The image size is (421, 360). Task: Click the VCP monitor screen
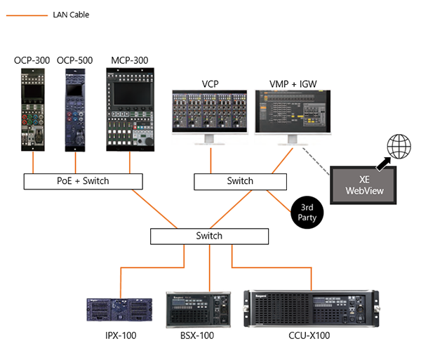pos(210,112)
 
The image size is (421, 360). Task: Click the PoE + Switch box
pos(83,181)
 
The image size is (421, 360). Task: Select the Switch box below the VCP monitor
pos(240,181)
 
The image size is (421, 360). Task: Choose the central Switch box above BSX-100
pos(209,236)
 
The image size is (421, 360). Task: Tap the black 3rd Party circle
pos(306,213)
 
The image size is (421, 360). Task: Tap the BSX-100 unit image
pos(199,309)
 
